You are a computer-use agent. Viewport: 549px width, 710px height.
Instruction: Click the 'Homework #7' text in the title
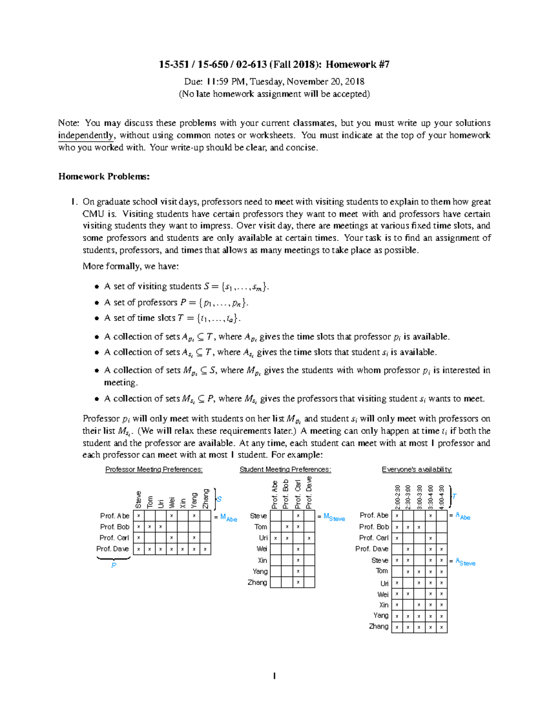click(357, 64)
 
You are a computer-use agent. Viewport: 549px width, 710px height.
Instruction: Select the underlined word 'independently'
click(86, 135)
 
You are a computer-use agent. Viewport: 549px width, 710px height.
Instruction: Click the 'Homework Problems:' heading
click(104, 176)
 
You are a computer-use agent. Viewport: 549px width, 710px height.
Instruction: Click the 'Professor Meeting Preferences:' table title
click(154, 470)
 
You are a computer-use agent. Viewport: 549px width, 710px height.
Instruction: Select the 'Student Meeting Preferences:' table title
click(285, 470)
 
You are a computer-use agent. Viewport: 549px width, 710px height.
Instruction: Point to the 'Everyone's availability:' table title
click(417, 470)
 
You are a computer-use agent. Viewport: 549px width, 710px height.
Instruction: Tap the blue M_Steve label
click(334, 517)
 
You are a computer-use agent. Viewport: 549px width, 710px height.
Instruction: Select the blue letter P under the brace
click(113, 566)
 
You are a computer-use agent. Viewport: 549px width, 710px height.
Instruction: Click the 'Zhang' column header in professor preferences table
click(205, 498)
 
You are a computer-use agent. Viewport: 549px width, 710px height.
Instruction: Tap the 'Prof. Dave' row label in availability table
click(371, 549)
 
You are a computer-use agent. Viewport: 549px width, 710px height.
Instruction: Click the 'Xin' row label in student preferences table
click(262, 560)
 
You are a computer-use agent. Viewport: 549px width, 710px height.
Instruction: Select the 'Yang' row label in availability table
click(381, 615)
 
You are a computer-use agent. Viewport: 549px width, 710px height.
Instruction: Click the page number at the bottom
click(274, 676)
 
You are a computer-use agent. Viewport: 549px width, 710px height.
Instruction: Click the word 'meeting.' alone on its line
click(120, 383)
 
